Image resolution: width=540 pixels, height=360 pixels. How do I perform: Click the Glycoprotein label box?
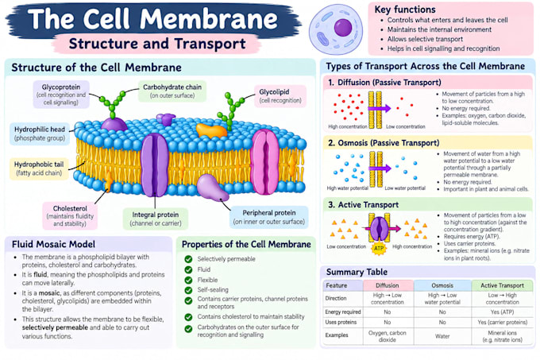pos(61,95)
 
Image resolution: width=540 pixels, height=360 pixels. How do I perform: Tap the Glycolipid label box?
pos(280,96)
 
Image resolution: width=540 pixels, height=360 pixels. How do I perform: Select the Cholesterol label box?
pos(70,215)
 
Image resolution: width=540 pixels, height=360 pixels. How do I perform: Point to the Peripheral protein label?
pos(269,217)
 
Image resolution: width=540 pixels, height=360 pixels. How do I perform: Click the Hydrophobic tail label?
pos(39,168)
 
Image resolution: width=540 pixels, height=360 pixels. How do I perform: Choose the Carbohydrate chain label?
pos(172,91)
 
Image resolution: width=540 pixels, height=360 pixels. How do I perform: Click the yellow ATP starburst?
pos(379,248)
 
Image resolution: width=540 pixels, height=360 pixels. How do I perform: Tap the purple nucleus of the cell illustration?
pos(343,28)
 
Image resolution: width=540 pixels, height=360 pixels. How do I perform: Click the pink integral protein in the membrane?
pos(264,162)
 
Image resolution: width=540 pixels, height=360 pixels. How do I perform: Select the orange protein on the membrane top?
pos(211,131)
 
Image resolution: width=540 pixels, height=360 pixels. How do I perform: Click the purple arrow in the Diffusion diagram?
pos(379,108)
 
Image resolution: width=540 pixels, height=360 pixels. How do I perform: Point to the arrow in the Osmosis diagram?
pos(380,168)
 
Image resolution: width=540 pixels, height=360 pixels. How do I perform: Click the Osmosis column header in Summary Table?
pos(442,285)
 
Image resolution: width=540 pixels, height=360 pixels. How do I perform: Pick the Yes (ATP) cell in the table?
pos(502,312)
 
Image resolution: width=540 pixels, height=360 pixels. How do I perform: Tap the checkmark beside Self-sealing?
pos(188,290)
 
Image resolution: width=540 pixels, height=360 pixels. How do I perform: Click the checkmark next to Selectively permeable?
pos(188,259)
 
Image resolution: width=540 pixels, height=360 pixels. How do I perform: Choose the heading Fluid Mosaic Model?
pos(53,244)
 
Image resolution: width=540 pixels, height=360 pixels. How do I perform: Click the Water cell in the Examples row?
pos(442,336)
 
